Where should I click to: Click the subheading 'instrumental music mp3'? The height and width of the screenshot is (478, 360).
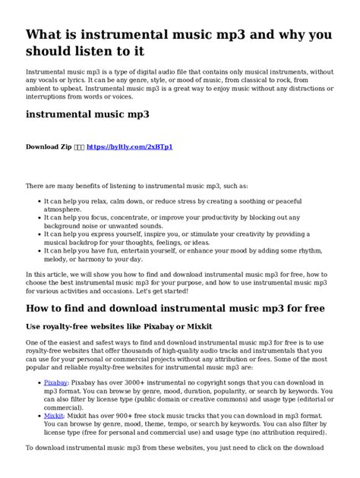click(x=87, y=115)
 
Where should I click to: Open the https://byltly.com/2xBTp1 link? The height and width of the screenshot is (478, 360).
click(x=130, y=146)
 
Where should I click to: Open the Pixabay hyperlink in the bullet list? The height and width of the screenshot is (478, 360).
click(x=55, y=384)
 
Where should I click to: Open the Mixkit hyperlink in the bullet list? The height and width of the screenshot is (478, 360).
click(x=54, y=416)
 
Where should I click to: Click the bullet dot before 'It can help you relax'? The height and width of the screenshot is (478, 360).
click(x=37, y=200)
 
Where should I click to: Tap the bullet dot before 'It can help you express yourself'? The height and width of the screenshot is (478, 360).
click(x=37, y=234)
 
